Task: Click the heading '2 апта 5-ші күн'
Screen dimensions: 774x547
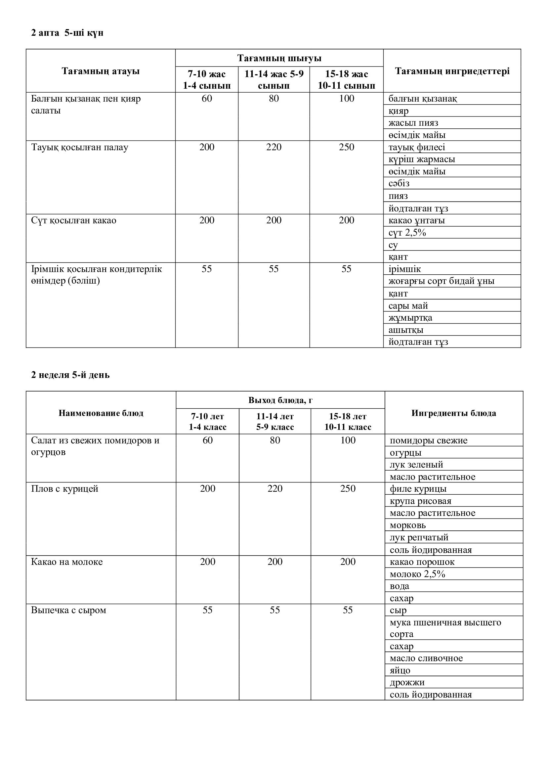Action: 67,33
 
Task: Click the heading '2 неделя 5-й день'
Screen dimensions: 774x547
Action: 70,375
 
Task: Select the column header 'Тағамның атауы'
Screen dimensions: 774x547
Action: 101,71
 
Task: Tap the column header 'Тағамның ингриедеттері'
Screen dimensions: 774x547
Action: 452,71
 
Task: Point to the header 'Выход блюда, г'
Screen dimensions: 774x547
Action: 280,400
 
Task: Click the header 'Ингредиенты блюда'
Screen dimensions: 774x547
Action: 453,413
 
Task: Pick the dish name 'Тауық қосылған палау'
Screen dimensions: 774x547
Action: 79,147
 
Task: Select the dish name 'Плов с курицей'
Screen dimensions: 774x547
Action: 65,488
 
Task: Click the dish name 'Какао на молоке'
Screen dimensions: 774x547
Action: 67,562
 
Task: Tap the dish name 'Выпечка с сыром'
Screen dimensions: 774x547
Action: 68,610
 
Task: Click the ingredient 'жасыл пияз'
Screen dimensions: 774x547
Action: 413,123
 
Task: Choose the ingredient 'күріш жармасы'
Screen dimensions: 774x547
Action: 422,159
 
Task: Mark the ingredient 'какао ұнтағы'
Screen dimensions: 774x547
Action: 416,220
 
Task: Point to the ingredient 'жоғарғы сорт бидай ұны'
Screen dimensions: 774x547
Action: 441,281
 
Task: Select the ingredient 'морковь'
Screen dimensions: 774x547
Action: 407,525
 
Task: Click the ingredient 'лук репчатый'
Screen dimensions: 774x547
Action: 419,537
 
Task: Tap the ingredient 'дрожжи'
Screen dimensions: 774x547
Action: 407,682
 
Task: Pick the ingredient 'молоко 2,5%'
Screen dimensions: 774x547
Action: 417,574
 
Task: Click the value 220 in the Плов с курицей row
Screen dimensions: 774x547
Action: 275,488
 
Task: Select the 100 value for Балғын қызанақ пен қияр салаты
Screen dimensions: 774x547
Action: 347,98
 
